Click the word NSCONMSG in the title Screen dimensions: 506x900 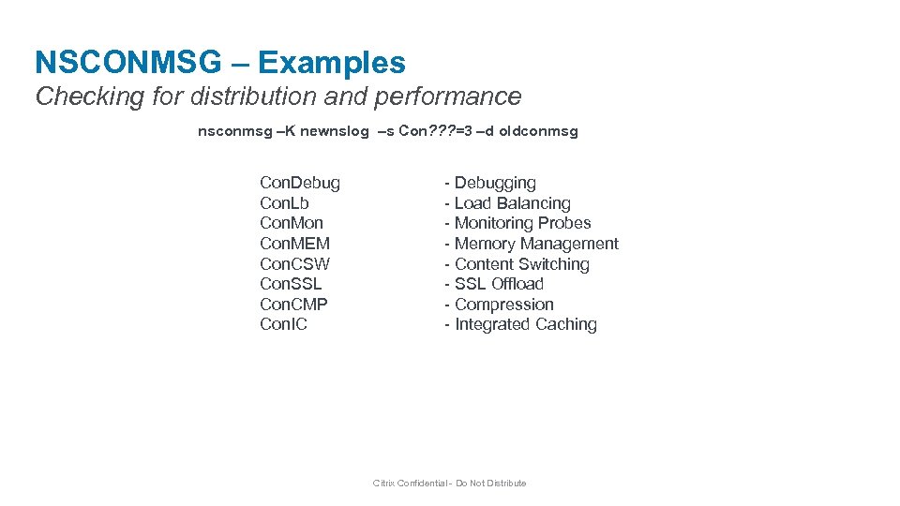(128, 63)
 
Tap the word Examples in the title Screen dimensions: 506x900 (332, 63)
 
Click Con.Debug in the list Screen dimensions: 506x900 (300, 183)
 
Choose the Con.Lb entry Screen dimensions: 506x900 (284, 203)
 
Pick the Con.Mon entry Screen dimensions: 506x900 (292, 223)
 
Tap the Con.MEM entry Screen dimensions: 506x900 (295, 244)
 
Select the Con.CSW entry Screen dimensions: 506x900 (295, 264)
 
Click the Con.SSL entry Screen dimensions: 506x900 (291, 284)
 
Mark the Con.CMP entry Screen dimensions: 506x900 (294, 305)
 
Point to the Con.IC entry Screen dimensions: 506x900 (283, 324)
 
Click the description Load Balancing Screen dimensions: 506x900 (512, 203)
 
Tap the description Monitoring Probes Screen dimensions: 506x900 (522, 223)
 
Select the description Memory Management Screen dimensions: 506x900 (536, 244)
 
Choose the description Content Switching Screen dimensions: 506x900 (521, 264)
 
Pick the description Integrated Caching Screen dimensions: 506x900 (525, 324)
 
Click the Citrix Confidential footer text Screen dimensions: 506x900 (450, 484)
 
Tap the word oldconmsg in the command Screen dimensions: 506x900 (539, 131)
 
